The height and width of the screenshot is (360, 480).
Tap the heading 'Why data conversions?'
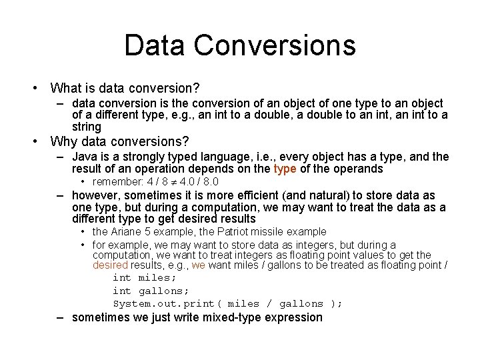point(120,141)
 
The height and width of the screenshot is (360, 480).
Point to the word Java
point(85,157)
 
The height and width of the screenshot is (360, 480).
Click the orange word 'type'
point(285,169)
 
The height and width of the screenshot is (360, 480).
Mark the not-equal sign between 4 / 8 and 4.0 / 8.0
point(174,182)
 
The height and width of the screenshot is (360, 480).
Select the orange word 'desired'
point(107,265)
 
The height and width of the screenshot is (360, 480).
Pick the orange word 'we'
point(199,265)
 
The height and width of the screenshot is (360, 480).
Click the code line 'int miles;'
point(145,277)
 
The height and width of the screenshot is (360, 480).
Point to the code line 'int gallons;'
point(151,290)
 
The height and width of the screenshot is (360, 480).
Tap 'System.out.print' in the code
point(164,303)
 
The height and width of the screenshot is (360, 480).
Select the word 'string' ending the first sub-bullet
point(87,126)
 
